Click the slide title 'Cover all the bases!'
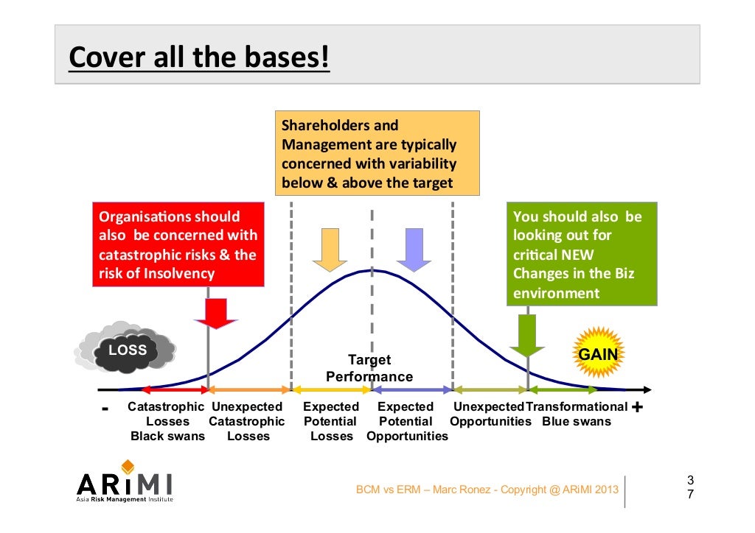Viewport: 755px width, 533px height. (x=199, y=57)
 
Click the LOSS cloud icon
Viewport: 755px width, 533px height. (x=123, y=350)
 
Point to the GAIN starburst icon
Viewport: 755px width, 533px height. (x=598, y=354)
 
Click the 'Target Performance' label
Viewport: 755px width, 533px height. (x=369, y=368)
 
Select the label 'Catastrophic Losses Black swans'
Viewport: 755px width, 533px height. (x=167, y=421)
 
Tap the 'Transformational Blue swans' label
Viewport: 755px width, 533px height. (x=577, y=414)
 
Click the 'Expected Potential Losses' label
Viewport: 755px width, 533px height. (x=331, y=421)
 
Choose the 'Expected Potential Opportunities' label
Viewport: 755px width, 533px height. (x=406, y=421)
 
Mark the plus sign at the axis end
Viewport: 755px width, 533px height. (x=638, y=407)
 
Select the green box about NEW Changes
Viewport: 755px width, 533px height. (x=582, y=254)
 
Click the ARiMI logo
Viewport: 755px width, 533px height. (x=125, y=483)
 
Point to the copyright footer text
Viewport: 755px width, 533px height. (x=487, y=490)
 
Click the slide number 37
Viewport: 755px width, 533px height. (x=690, y=487)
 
